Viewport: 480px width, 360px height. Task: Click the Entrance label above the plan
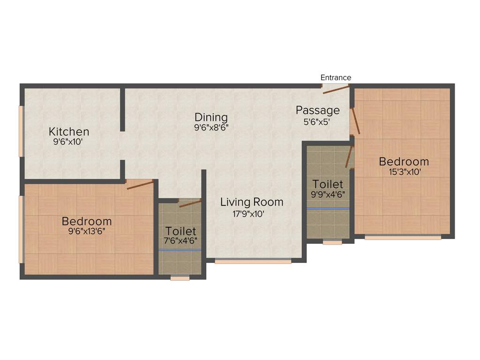[336, 77]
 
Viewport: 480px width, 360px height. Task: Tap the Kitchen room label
[69, 131]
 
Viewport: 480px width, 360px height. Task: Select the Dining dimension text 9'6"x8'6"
[211, 127]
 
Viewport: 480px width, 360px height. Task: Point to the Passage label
[317, 111]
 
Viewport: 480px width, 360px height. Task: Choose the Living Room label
[252, 202]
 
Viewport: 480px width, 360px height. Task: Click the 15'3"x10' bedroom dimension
[404, 172]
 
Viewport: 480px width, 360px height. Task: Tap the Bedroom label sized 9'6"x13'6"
[87, 221]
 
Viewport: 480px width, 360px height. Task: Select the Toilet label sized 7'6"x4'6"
[180, 231]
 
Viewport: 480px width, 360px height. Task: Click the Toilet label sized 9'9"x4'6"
[328, 184]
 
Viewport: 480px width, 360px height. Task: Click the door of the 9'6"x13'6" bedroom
[140, 184]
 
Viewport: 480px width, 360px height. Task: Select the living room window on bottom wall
[253, 262]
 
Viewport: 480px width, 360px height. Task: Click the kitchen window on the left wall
[21, 131]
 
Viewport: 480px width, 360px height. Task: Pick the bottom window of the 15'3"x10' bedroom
[403, 238]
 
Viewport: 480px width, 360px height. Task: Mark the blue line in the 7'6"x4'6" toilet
[180, 250]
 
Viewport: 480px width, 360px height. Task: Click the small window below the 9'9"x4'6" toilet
[332, 242]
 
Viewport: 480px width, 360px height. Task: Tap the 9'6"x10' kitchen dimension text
[68, 142]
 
